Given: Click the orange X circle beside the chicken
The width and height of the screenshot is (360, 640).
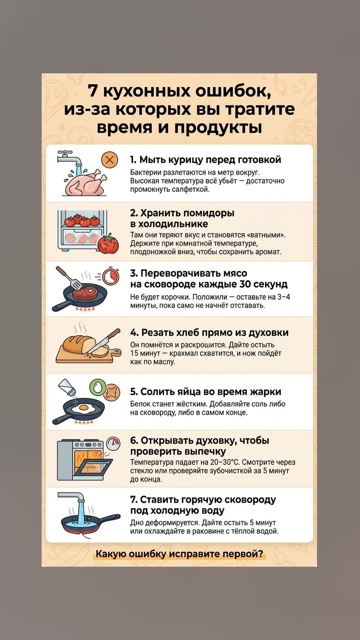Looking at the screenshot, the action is (x=109, y=160).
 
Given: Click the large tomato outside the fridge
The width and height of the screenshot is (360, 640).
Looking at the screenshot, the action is (x=108, y=244).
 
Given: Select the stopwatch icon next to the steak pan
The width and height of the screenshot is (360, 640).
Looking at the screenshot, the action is (x=111, y=276).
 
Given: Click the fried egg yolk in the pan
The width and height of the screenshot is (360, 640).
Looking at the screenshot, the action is (x=84, y=407).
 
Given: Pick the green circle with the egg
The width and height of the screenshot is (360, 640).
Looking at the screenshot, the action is (x=97, y=387).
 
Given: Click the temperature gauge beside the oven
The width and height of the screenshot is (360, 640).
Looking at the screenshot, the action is (x=113, y=444).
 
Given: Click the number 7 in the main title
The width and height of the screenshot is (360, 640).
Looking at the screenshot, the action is (x=93, y=91).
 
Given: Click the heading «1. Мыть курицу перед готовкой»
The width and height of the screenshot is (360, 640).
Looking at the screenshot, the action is (x=205, y=160).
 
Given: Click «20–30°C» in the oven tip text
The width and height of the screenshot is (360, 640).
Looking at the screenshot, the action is (x=224, y=462).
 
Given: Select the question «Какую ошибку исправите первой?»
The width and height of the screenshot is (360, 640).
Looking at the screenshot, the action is (x=179, y=554).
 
